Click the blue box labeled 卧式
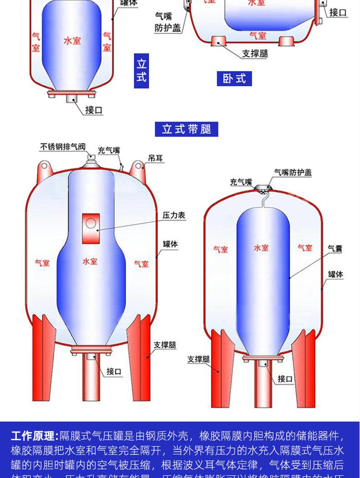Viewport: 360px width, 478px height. pos(234,78)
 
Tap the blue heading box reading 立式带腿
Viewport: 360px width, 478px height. pos(186,129)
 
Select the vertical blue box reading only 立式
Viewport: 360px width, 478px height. pos(141,71)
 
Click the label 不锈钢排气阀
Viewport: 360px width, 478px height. pos(62,147)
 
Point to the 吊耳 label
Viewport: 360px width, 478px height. pos(155,159)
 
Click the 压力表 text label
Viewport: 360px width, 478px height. pos(174,215)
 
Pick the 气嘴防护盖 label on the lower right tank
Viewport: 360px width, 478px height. pos(293,172)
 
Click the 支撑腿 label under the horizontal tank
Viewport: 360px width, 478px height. pos(255,53)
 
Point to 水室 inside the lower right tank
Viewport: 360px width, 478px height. pos(261,248)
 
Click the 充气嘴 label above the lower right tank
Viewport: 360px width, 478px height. pos(241,182)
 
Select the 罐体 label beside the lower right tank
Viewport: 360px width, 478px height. pos(335,274)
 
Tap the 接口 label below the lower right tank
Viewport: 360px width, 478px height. pos(285,378)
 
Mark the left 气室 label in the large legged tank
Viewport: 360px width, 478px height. pos(42,263)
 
